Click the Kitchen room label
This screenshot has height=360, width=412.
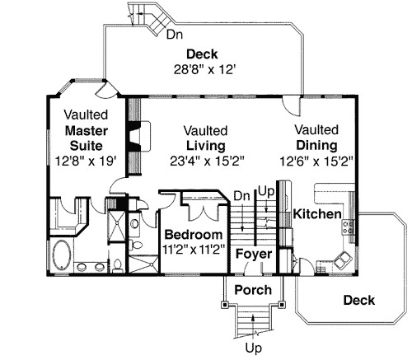pos(318,214)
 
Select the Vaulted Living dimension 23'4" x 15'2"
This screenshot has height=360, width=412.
pos(207,161)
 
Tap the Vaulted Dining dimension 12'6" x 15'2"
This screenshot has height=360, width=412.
pos(316,161)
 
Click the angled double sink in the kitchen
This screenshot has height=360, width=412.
pos(340,261)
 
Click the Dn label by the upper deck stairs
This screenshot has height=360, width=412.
pos(175,35)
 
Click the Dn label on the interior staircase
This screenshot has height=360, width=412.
pos(241,196)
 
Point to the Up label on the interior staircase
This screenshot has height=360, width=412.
pos(265,190)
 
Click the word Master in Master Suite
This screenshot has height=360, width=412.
pos(82,131)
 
